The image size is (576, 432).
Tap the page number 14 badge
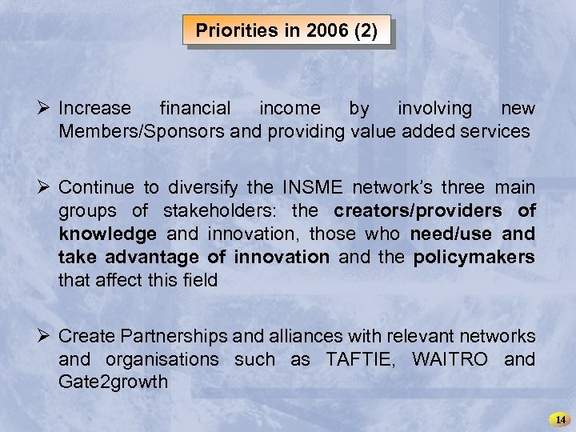point(560,419)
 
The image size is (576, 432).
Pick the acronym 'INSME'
point(314,188)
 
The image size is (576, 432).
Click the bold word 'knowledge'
point(107,234)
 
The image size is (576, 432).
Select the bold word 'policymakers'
point(474,258)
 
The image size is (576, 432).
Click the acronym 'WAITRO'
point(450,360)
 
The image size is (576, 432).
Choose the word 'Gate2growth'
point(113,382)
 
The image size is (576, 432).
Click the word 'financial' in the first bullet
point(195,108)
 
